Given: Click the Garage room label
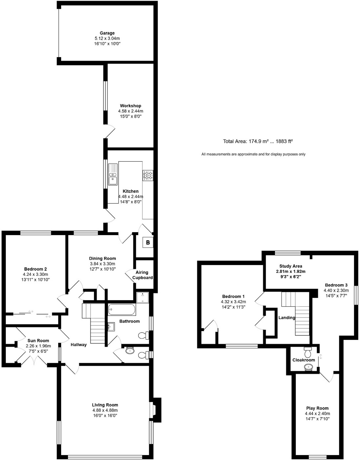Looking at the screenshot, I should [x=107, y=33].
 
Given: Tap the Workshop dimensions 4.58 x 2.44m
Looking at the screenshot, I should [x=130, y=111].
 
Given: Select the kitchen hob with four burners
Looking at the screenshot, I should [x=148, y=175].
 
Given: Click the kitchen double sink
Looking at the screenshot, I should [x=113, y=175].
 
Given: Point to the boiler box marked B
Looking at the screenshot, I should [x=148, y=243].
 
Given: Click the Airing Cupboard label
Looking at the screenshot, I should [x=142, y=275].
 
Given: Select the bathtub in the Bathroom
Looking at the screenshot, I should [x=121, y=309].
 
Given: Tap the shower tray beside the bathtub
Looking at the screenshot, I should [x=143, y=297].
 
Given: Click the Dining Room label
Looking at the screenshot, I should [x=102, y=258].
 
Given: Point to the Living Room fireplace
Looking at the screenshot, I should [x=156, y=409].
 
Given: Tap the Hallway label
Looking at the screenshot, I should [x=79, y=344].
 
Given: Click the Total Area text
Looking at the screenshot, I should [x=258, y=142].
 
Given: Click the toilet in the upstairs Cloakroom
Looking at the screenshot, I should [x=308, y=353].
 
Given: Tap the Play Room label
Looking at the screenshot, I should [x=317, y=408].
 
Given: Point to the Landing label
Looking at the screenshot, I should [x=287, y=318].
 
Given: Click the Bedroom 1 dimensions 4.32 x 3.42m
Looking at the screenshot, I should [x=233, y=302].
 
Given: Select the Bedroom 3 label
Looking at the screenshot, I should [x=336, y=285].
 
